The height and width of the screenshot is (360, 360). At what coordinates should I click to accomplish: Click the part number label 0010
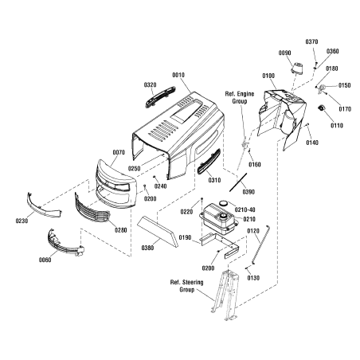(x=178, y=75)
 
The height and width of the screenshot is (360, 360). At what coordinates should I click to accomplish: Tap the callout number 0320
(x=151, y=85)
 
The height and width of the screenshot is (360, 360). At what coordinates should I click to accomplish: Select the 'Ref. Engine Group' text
(x=240, y=97)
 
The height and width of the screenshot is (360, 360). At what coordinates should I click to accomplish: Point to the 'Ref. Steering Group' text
(x=187, y=286)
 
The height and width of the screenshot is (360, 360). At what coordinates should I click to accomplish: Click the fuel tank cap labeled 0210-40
(x=224, y=203)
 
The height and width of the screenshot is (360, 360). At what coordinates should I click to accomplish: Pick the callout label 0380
(x=147, y=248)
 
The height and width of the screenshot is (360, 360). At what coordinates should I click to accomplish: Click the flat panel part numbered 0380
(x=158, y=231)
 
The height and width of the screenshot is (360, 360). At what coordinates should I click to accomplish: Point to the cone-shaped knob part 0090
(x=297, y=68)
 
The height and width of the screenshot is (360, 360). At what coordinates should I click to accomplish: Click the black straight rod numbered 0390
(x=238, y=182)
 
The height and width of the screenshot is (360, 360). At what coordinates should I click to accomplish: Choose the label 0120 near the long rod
(x=253, y=231)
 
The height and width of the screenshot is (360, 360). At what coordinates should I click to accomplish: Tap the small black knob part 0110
(x=322, y=108)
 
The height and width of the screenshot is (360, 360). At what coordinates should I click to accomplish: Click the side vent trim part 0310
(x=209, y=162)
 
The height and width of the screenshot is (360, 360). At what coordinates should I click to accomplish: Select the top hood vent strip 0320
(x=160, y=96)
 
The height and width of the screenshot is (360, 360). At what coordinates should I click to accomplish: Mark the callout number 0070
(x=119, y=153)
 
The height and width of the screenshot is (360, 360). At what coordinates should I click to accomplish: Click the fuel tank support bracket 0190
(x=220, y=245)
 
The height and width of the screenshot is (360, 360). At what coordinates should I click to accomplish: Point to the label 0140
(x=312, y=143)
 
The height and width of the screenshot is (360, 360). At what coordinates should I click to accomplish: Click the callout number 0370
(x=311, y=41)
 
